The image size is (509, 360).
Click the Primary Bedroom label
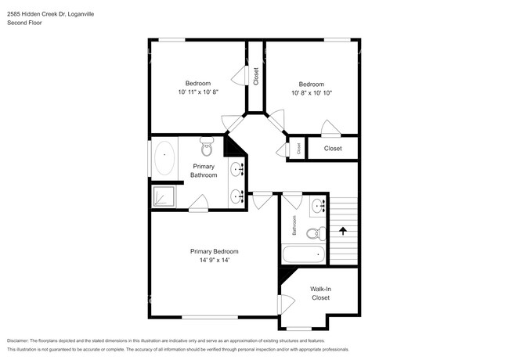pyautogui.click(x=214, y=251)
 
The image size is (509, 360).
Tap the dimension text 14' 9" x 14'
pyautogui.click(x=214, y=261)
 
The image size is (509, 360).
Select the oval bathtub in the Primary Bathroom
pyautogui.click(x=164, y=159)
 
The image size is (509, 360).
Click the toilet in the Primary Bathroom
pyautogui.click(x=208, y=146)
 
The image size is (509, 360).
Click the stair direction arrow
pyautogui.click(x=341, y=231)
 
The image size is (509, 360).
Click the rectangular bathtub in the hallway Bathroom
pyautogui.click(x=303, y=254)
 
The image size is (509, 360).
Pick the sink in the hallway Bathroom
pyautogui.click(x=319, y=207)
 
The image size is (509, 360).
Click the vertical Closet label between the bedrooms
pyautogui.click(x=256, y=75)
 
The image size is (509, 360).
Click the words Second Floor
pyautogui.click(x=24, y=23)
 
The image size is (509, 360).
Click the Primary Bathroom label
pyautogui.click(x=204, y=170)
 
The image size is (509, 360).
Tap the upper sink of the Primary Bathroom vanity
pyautogui.click(x=237, y=168)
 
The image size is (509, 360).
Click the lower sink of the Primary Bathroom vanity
pyautogui.click(x=237, y=196)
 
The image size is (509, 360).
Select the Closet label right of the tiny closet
pyautogui.click(x=333, y=148)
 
